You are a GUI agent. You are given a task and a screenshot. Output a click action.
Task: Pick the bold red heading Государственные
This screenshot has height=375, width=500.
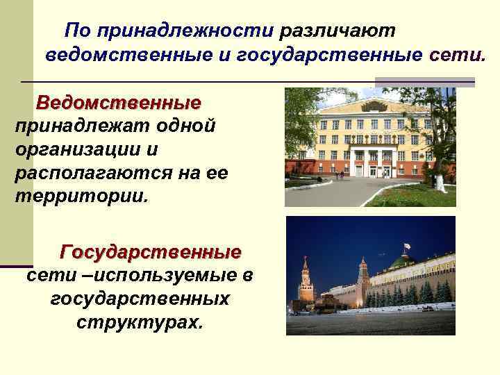click(151, 251)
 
